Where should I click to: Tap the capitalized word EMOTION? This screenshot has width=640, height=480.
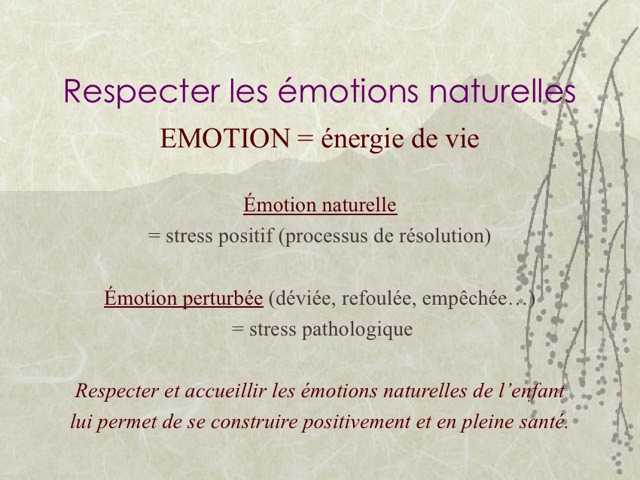point(225,138)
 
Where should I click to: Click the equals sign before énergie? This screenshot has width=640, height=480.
point(306,139)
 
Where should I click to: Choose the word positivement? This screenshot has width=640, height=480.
point(356,422)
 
